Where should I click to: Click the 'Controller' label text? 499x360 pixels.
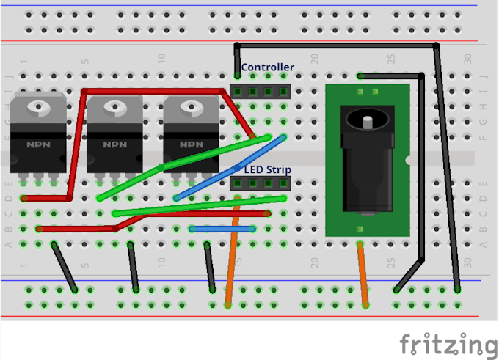268,67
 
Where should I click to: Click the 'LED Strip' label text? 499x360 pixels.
267,169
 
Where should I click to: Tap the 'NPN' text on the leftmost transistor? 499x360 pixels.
38,144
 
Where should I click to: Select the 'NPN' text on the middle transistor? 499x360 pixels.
114,144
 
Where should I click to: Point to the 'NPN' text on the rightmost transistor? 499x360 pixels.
191,144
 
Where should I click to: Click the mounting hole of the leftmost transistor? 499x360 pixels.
38,109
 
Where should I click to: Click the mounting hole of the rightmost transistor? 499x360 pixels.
191,109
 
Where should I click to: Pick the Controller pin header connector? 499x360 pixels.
260,91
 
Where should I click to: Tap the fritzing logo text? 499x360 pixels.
448,342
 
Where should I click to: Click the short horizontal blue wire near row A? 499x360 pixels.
222,229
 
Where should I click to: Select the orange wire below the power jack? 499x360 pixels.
363,271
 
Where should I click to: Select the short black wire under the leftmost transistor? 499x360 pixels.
65,267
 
